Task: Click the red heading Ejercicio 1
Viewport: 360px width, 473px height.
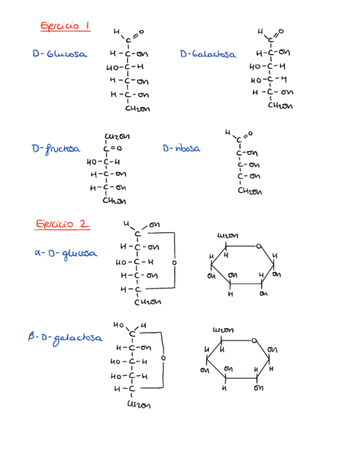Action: point(65,26)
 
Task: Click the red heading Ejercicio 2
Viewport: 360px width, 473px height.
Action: point(62,224)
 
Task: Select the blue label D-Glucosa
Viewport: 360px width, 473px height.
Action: point(59,54)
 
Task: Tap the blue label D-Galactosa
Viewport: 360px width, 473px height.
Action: point(208,54)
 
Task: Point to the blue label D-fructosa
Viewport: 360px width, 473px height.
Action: point(56,149)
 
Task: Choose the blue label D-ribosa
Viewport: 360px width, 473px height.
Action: point(181,148)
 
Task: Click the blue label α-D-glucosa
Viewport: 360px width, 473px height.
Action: point(65,254)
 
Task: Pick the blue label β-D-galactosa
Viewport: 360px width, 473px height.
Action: point(65,339)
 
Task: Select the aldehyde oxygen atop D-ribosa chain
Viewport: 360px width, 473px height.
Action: point(249,133)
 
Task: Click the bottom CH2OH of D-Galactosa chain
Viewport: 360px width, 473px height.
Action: point(280,105)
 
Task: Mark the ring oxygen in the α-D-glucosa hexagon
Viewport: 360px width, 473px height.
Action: point(259,245)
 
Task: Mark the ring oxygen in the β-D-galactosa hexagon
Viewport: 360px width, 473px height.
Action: point(254,339)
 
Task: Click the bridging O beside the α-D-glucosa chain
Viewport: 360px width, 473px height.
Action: point(174,262)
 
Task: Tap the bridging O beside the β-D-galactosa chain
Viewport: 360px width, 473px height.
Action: point(163,358)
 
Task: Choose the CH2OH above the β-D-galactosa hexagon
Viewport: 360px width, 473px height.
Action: point(223,330)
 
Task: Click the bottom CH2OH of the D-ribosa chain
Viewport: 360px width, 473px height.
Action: point(249,191)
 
